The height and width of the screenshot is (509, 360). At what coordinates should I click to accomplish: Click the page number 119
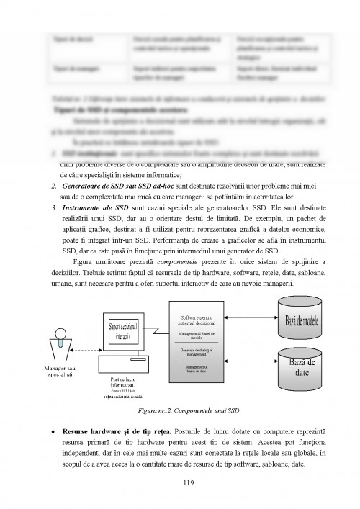pos(189,484)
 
